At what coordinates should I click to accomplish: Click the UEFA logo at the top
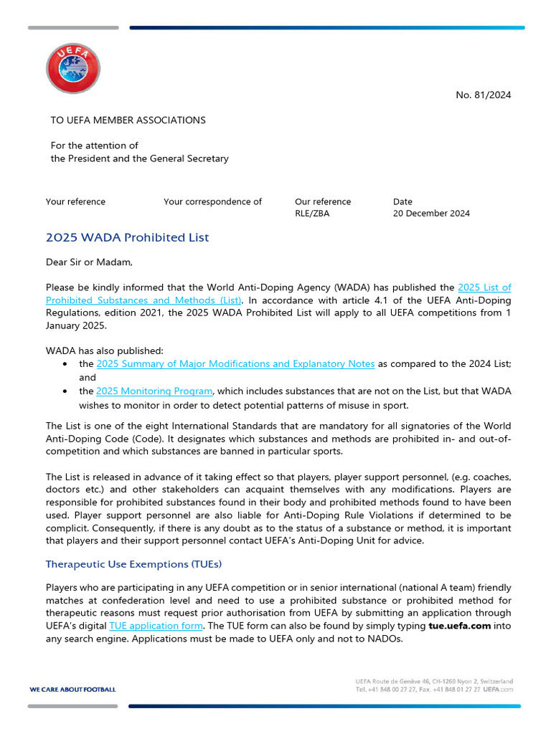[73, 68]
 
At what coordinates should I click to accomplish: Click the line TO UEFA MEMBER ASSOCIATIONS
[128, 120]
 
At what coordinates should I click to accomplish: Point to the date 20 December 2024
[431, 214]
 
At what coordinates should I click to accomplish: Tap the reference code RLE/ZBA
[312, 214]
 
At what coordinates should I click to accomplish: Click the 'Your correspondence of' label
[212, 201]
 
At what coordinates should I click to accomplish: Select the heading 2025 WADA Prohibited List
[127, 238]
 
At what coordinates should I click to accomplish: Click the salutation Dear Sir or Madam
[89, 262]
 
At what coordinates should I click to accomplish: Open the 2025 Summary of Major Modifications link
[235, 364]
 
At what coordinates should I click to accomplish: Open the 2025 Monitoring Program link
[154, 391]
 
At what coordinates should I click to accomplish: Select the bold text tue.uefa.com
[459, 626]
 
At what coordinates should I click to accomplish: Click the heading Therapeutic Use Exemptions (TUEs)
[133, 564]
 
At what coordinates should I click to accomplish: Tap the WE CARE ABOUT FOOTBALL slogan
[72, 690]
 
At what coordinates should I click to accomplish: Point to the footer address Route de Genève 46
[423, 681]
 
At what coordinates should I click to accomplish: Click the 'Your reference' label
[75, 201]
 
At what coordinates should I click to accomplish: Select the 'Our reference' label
[323, 201]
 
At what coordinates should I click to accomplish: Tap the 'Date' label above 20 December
[402, 201]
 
